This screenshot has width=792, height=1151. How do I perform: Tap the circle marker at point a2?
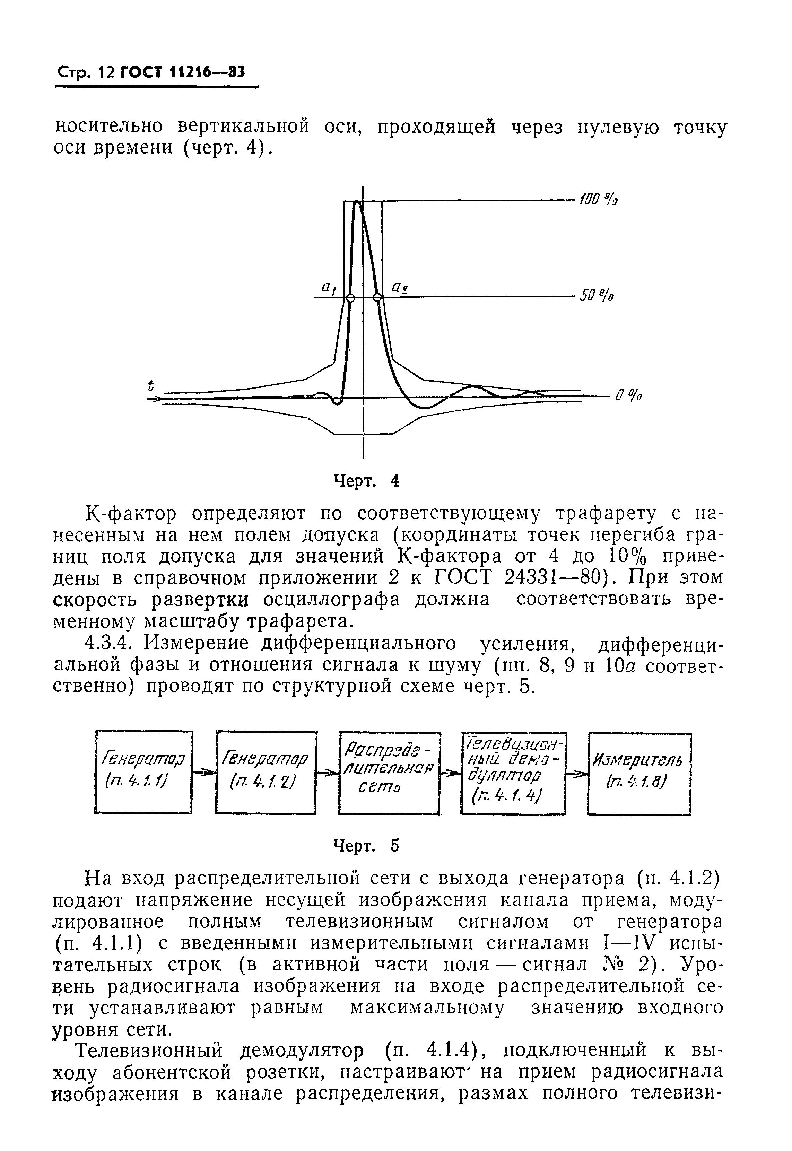378,298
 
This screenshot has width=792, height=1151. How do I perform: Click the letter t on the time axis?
151,385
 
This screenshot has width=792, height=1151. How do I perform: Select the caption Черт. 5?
367,846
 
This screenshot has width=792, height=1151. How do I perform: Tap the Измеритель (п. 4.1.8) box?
639,773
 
